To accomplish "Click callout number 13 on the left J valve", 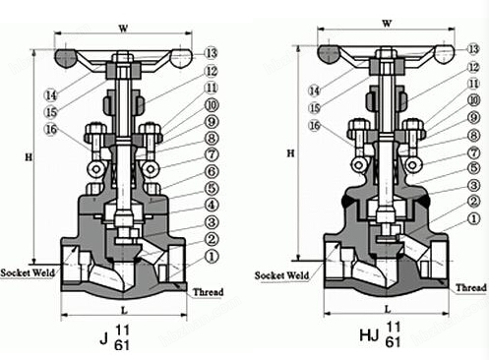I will (211, 51).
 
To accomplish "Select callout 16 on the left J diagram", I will (51, 130).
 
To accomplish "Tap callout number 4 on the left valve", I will (211, 204).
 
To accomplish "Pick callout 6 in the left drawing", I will (211, 170).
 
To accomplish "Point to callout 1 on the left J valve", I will (211, 256).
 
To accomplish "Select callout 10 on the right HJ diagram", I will (475, 101).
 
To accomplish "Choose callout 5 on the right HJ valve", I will (475, 168).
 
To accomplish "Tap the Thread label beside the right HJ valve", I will (471, 287).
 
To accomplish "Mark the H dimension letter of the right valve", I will (289, 153).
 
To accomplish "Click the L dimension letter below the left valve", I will (123, 311).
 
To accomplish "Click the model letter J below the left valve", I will (103, 339).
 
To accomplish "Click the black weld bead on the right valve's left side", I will (345, 199).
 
